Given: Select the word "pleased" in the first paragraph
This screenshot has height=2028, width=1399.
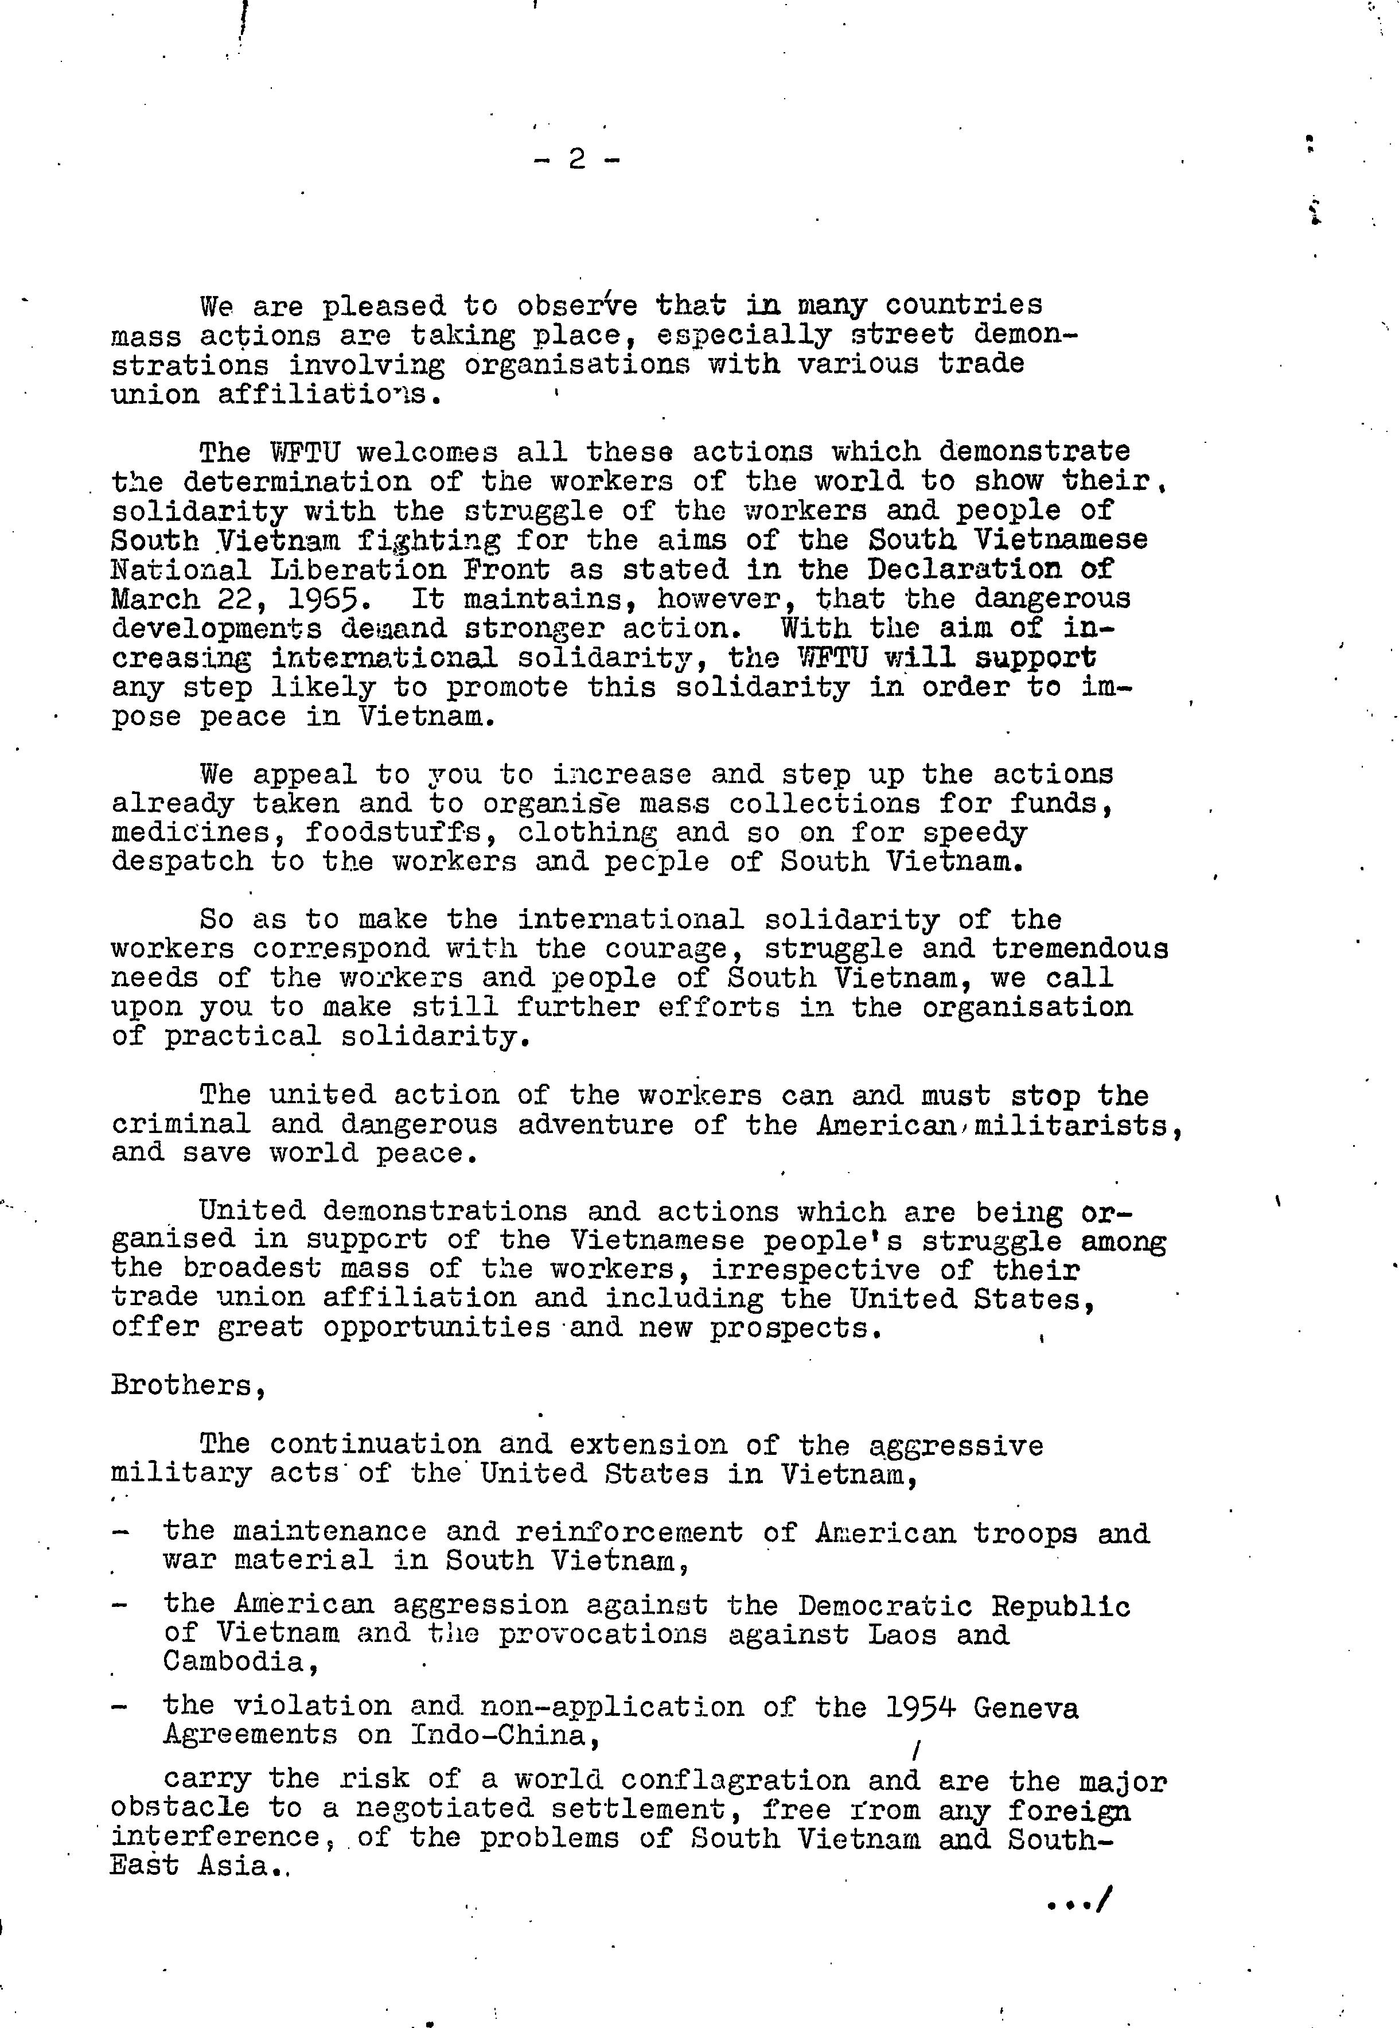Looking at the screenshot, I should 384,306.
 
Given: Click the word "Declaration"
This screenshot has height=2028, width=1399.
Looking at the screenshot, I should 964,569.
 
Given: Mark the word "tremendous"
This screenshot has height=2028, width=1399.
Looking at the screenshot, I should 1080,949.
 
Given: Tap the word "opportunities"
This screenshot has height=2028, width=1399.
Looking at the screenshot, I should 436,1328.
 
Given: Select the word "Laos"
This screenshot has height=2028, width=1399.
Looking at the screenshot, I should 903,1633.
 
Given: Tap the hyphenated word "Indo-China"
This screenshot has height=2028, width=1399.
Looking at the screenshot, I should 498,1735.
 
